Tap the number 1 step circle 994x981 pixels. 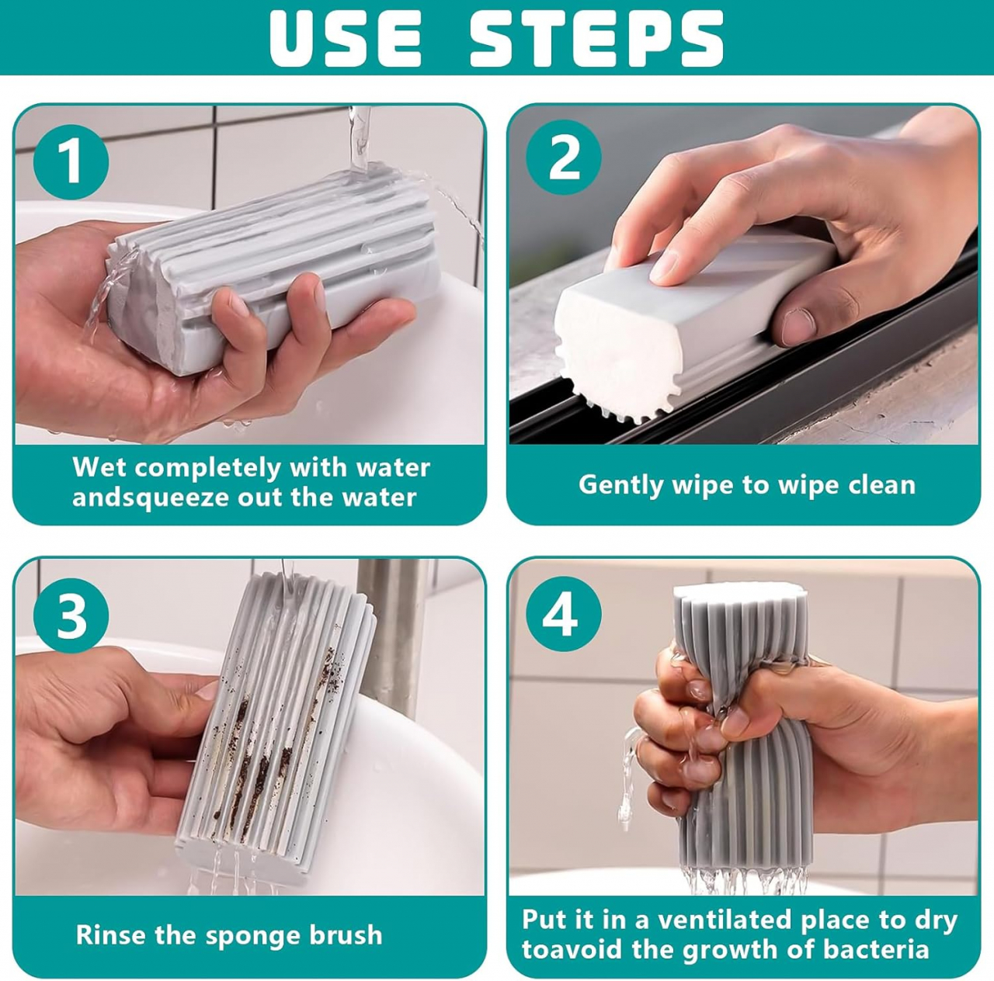[x=71, y=161]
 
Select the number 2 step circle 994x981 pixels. [x=564, y=158]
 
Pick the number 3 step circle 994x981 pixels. [x=71, y=615]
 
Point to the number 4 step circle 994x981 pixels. [x=564, y=614]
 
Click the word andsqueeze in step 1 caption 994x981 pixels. [x=151, y=498]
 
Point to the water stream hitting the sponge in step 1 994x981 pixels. [x=360, y=138]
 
